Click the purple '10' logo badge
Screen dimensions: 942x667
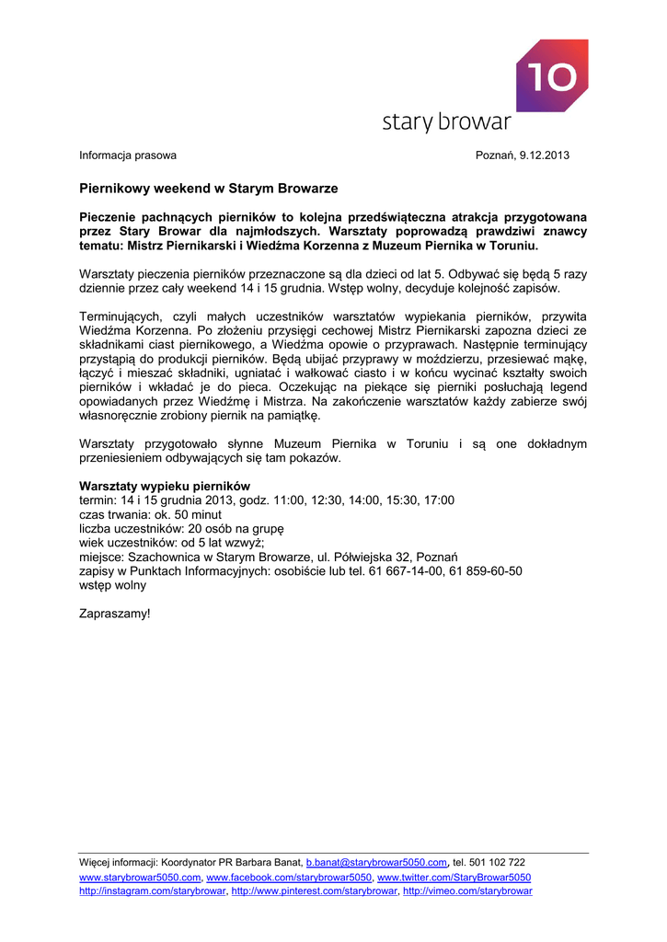pyautogui.click(x=551, y=75)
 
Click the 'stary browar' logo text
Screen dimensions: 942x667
pyautogui.click(x=446, y=122)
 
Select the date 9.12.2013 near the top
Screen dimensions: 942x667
pyautogui.click(x=544, y=155)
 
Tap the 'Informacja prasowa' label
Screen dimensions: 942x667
pyautogui.click(x=128, y=155)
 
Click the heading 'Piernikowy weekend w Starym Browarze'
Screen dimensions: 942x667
pyautogui.click(x=209, y=189)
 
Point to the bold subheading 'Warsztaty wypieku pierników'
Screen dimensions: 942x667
pyautogui.click(x=165, y=486)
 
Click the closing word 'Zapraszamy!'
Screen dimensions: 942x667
pyautogui.click(x=114, y=613)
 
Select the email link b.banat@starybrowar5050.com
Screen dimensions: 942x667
pyautogui.click(x=376, y=863)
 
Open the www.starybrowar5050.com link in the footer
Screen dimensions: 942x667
pyautogui.click(x=140, y=878)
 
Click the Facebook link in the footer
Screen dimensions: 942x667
pyautogui.click(x=289, y=878)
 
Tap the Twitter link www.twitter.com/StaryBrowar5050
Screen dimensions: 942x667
pyautogui.click(x=454, y=878)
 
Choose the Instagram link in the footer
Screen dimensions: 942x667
pyautogui.click(x=153, y=891)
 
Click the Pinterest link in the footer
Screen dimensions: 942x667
pyautogui.click(x=314, y=891)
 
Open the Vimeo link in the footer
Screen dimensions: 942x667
pyautogui.click(x=467, y=891)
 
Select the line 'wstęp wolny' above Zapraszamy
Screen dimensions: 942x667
pyautogui.click(x=112, y=584)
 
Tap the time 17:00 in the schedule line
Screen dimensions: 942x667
pyautogui.click(x=438, y=500)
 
